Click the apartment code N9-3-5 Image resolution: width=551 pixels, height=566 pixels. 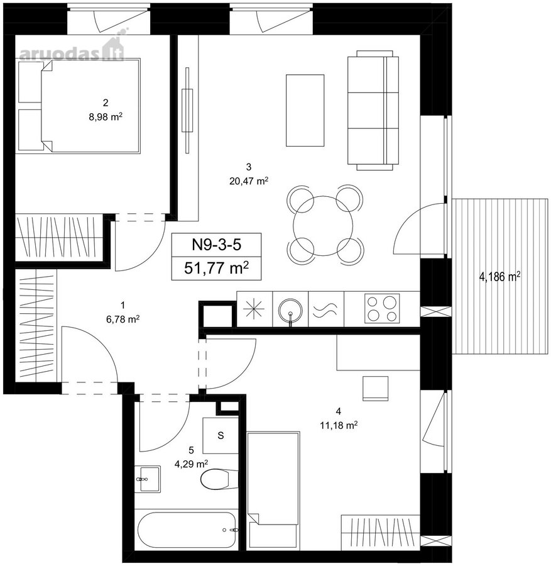216,245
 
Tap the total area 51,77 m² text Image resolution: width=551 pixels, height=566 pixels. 216,268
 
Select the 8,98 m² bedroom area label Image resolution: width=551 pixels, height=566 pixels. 106,116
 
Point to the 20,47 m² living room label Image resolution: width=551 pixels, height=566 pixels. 248,181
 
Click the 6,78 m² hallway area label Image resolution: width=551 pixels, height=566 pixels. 123,319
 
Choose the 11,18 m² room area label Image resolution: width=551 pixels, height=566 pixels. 338,426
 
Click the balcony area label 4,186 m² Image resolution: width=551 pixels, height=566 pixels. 499,277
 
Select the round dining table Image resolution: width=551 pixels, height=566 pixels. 323,226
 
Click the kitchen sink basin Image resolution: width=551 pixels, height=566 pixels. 290,309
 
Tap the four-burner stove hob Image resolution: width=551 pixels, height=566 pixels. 382,309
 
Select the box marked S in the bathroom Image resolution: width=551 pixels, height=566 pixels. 221,436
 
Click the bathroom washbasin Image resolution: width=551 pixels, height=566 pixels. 147,479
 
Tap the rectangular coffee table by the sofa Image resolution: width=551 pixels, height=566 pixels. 305,111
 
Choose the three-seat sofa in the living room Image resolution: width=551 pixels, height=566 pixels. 373,110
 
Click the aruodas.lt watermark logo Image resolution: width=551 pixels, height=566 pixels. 72,49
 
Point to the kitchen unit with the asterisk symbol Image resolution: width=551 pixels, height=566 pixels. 254,309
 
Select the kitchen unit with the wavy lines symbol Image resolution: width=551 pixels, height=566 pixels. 326,309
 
